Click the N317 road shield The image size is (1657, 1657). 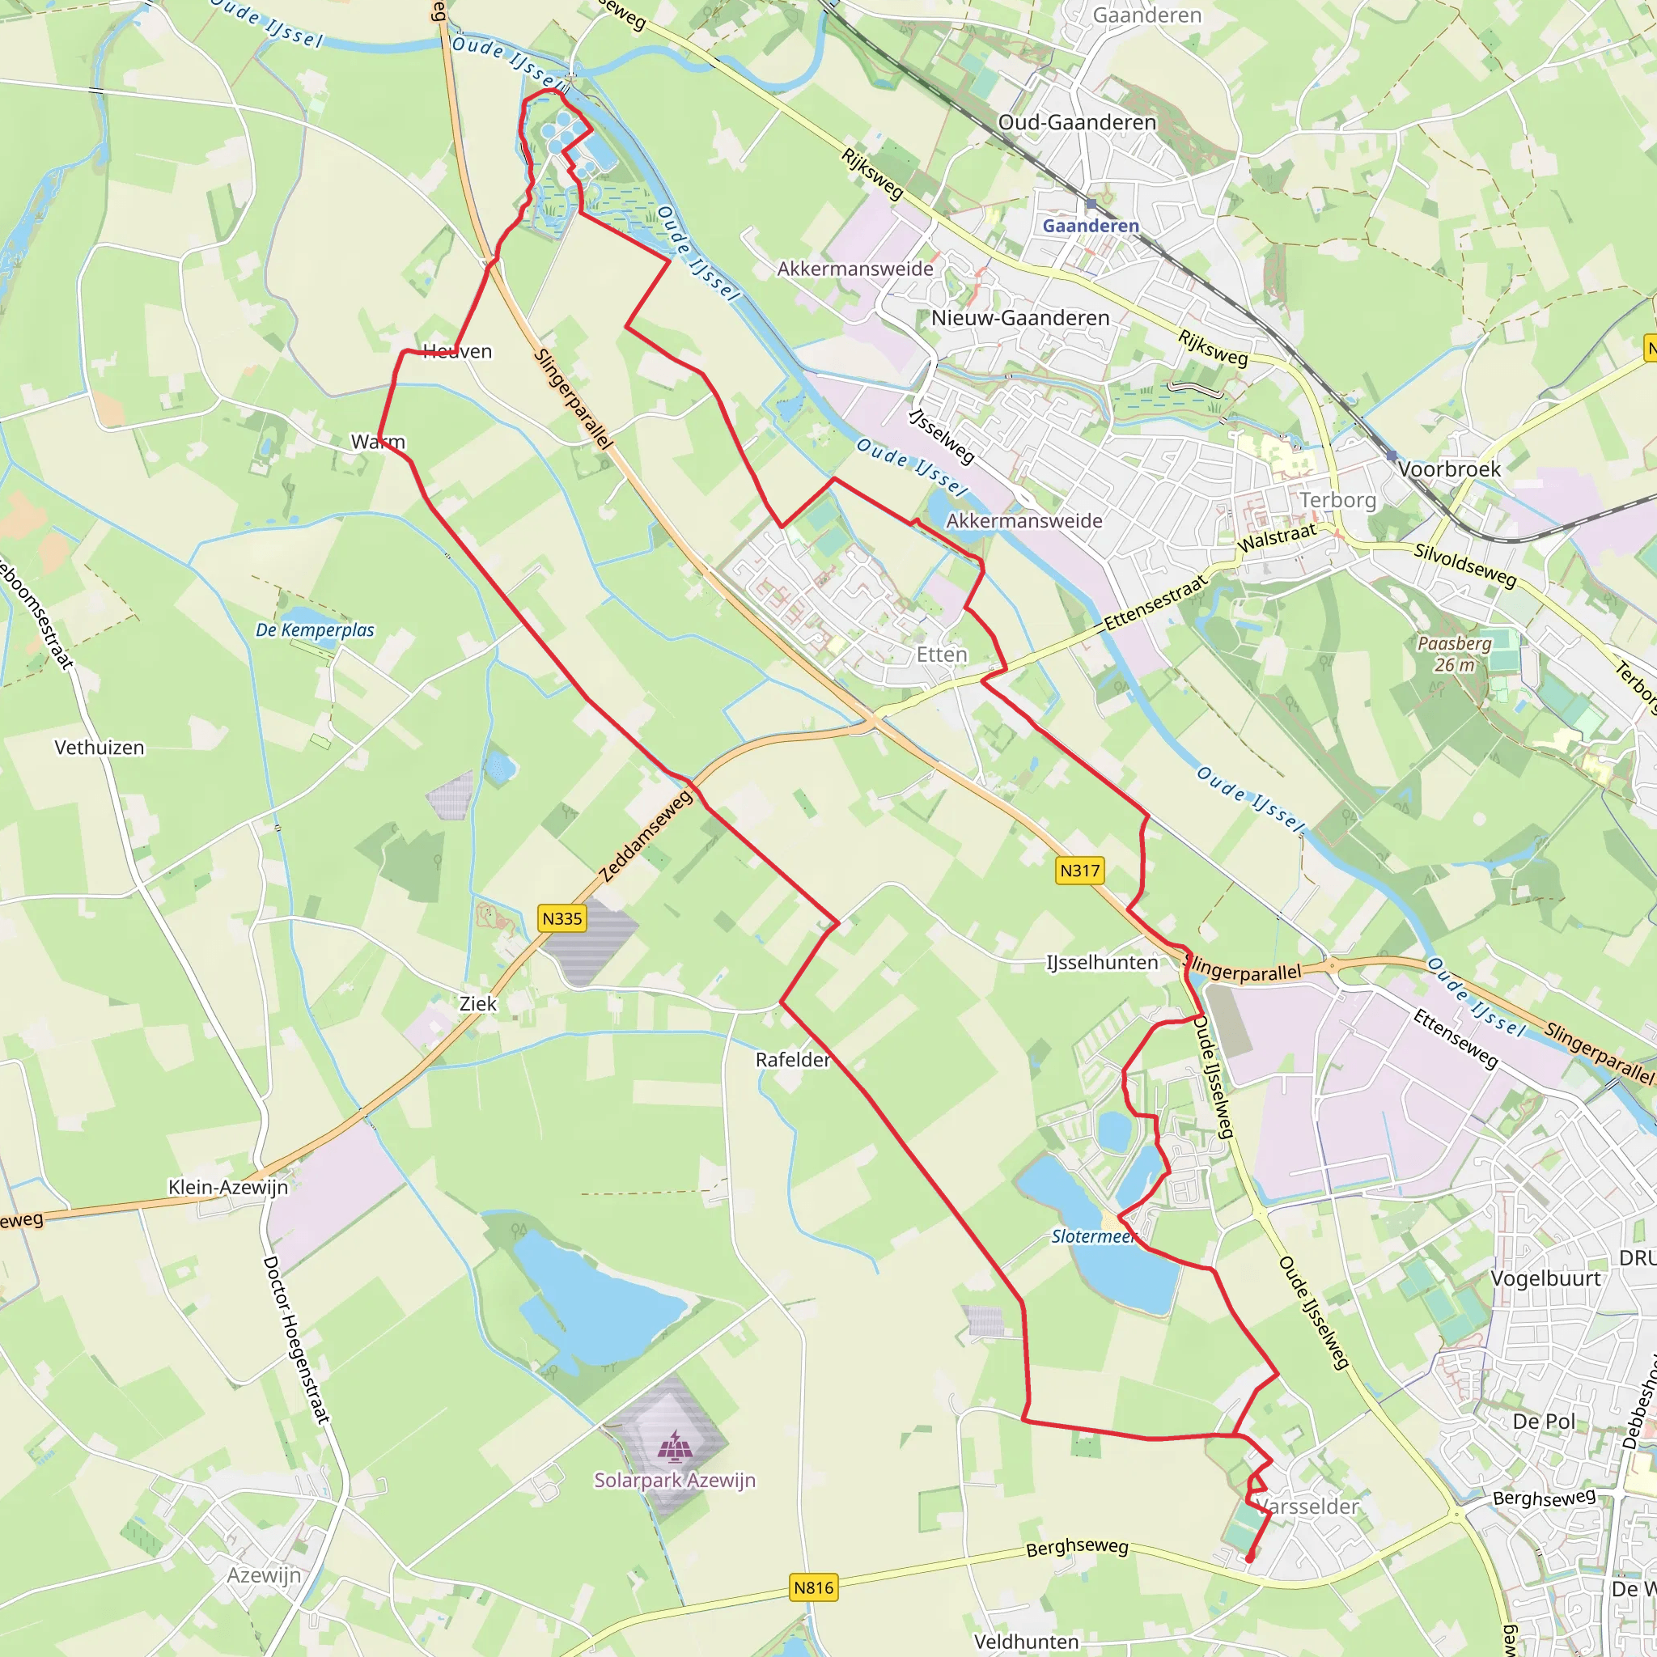click(1079, 871)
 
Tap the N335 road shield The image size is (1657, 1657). click(562, 918)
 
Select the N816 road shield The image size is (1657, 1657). click(813, 1587)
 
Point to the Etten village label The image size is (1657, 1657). click(942, 655)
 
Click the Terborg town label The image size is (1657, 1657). click(1337, 500)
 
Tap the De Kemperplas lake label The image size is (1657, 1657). click(315, 630)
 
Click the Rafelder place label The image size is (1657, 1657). click(792, 1060)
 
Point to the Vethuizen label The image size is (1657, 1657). click(100, 748)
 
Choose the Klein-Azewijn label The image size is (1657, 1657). click(228, 1187)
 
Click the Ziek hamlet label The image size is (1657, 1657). click(477, 1003)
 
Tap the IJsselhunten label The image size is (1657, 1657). click(1102, 963)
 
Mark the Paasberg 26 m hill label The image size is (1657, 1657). click(1455, 654)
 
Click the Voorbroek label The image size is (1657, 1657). click(1449, 469)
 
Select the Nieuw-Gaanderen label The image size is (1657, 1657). click(1019, 318)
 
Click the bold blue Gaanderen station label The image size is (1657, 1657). click(1091, 226)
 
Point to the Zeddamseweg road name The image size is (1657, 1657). click(646, 837)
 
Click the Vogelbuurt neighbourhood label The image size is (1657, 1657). click(1545, 1279)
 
